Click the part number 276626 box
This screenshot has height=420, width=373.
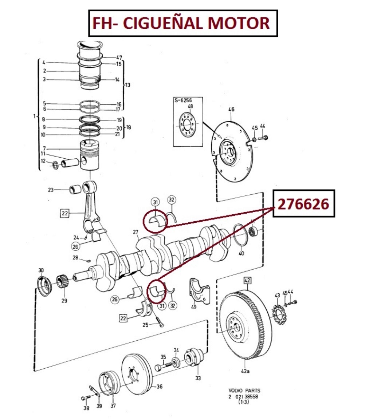pos(304,203)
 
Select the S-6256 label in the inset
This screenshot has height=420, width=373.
pos(183,100)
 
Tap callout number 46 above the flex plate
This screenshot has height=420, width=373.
pos(231,109)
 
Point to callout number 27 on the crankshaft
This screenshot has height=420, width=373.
pos(136,232)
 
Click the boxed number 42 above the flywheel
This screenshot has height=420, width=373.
pos(247,280)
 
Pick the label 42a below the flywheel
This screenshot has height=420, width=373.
pos(245,371)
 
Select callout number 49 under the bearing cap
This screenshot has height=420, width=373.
pos(193,307)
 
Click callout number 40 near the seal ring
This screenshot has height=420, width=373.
pos(241,253)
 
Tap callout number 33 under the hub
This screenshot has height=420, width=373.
pos(197,378)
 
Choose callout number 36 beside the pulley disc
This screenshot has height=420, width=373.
pos(159,387)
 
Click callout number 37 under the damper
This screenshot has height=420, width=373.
pos(113,406)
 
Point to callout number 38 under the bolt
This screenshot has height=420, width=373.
pos(86,408)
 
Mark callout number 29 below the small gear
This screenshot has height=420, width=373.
pos(64,301)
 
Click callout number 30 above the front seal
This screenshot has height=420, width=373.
pos(41,270)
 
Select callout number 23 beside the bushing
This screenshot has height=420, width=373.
pos(51,190)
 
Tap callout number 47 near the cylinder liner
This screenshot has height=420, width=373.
pos(119,58)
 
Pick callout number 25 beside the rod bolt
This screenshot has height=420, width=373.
pos(145,324)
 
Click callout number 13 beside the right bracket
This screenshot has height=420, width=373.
pos(127,85)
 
